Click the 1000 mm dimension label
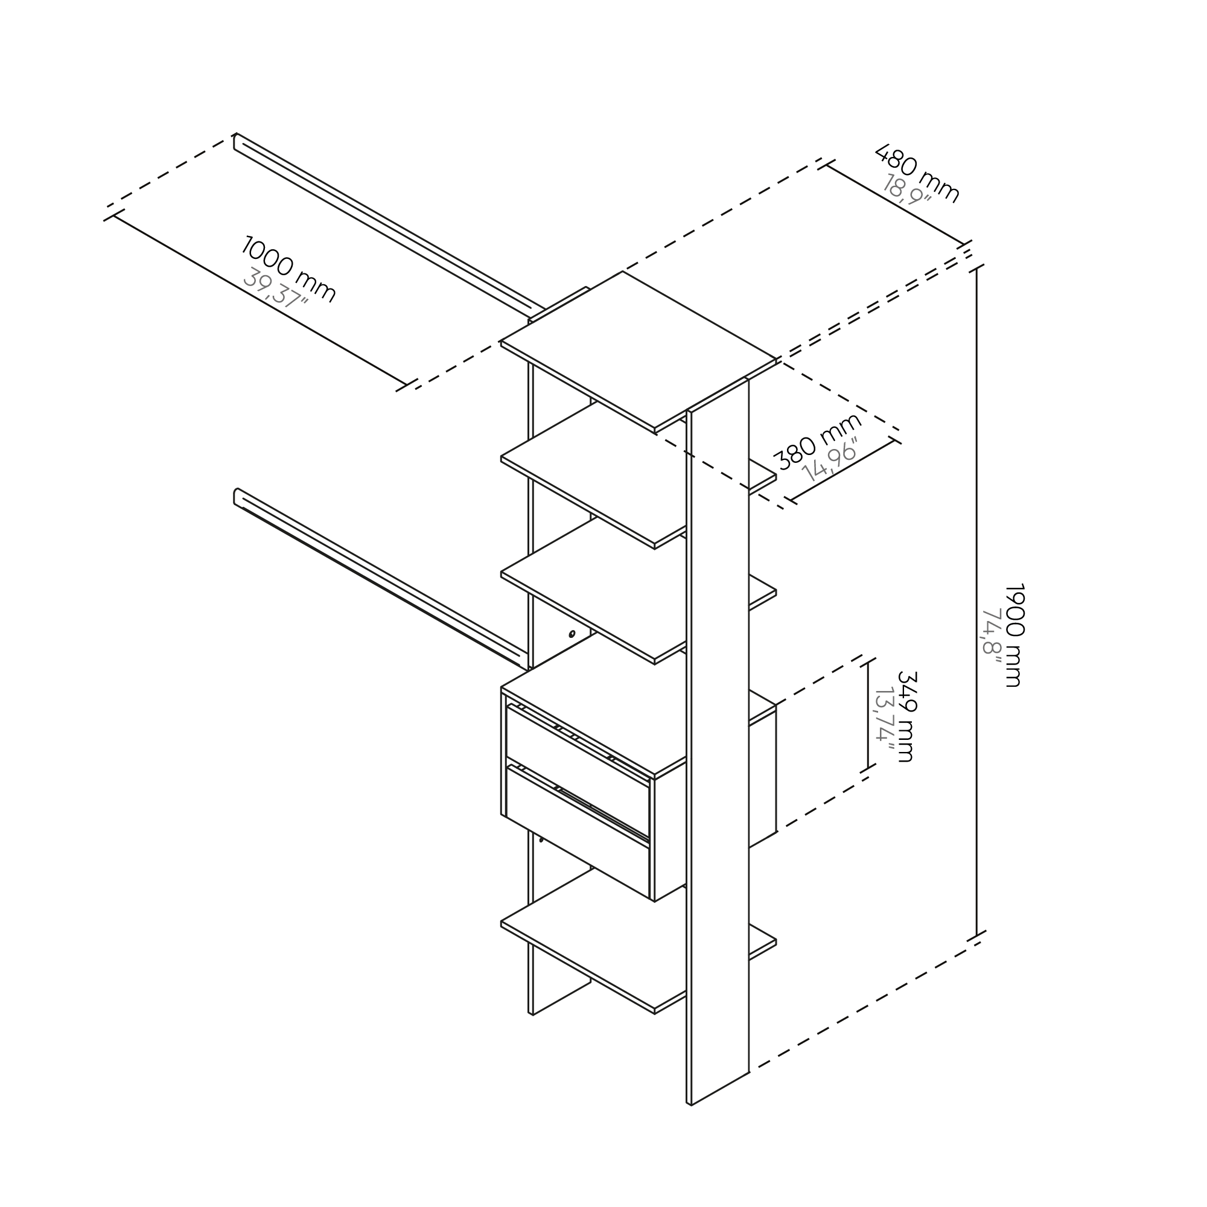(x=288, y=269)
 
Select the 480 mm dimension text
(x=917, y=173)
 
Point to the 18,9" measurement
(x=907, y=189)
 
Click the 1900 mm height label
(x=1014, y=635)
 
